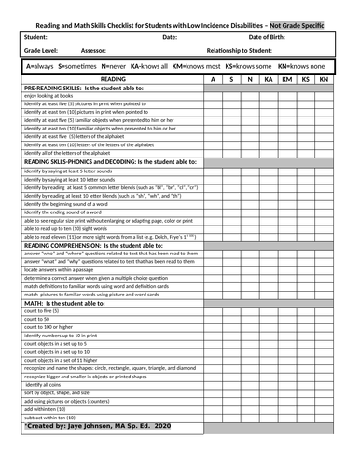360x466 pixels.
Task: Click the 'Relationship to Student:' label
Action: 247,51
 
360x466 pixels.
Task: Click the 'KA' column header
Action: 269,80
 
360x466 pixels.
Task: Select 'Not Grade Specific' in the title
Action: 298,25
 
